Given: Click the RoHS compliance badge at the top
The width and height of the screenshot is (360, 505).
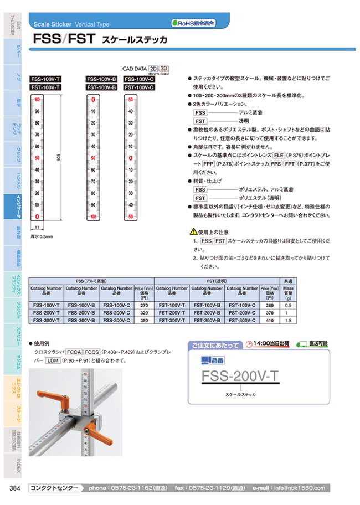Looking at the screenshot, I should click(x=193, y=23).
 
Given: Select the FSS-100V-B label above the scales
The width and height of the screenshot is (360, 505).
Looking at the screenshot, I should click(x=101, y=79).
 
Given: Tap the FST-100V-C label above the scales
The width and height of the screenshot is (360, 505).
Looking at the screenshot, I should click(x=139, y=87).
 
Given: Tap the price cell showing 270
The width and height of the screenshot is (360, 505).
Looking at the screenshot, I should click(x=143, y=305).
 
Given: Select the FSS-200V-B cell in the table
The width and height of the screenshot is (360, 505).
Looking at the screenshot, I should click(x=81, y=312).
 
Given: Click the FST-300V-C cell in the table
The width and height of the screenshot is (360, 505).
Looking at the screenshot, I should click(x=241, y=320).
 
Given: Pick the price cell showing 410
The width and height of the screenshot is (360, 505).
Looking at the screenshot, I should click(x=269, y=320).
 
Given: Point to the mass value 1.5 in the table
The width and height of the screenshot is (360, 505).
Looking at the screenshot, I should click(x=287, y=320).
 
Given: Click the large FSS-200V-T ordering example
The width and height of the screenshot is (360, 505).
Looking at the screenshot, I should click(x=241, y=377).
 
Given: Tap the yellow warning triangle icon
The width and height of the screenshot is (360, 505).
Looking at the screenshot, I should click(x=193, y=231).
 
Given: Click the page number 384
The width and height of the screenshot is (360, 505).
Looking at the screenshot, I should click(x=16, y=488).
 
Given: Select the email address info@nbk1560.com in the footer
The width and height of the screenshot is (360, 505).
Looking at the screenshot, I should click(x=302, y=488).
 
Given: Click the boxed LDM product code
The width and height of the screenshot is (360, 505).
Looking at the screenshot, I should click(x=54, y=360).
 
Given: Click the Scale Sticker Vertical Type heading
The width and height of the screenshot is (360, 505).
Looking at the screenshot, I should click(x=71, y=24).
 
